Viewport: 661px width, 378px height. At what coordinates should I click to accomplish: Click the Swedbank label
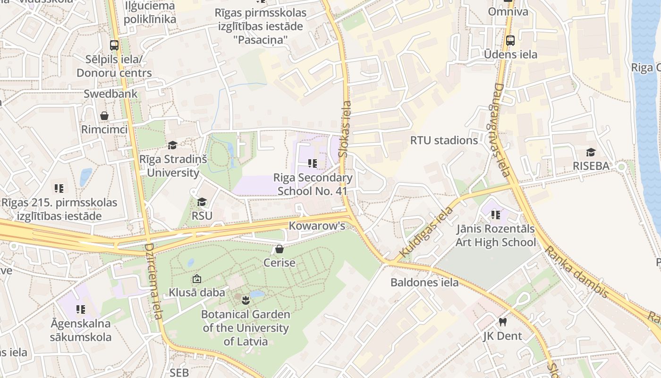coord(110,94)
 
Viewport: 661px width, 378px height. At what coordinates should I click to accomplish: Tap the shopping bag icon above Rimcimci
coord(104,116)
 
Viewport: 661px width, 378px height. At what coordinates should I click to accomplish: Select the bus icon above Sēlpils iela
coord(114,45)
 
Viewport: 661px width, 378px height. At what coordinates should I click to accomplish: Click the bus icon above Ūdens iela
coord(510,41)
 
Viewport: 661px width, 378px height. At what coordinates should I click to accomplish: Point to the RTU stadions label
coord(444,140)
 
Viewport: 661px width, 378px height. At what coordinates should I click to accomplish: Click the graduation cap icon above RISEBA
coord(591,152)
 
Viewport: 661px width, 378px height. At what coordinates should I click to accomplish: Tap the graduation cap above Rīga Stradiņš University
coord(172,145)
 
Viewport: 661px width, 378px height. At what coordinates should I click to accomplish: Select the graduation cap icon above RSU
coord(202,202)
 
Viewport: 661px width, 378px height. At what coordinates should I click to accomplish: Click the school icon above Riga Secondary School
coord(312,163)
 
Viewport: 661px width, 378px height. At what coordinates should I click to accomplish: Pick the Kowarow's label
coord(317,226)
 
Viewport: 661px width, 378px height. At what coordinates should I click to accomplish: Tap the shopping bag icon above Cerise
coord(280,249)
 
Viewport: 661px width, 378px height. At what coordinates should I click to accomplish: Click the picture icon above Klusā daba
coord(197,279)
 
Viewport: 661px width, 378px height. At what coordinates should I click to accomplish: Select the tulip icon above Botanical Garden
coord(245,300)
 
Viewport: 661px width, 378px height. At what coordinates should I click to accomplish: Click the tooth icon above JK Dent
coord(502,322)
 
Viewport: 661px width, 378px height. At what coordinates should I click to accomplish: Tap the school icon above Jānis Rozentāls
coord(495,215)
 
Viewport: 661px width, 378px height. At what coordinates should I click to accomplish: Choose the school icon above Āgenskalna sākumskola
coord(81,309)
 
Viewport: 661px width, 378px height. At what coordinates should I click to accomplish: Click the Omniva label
coord(508,11)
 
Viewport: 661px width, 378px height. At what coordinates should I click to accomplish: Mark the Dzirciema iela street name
coord(153,281)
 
